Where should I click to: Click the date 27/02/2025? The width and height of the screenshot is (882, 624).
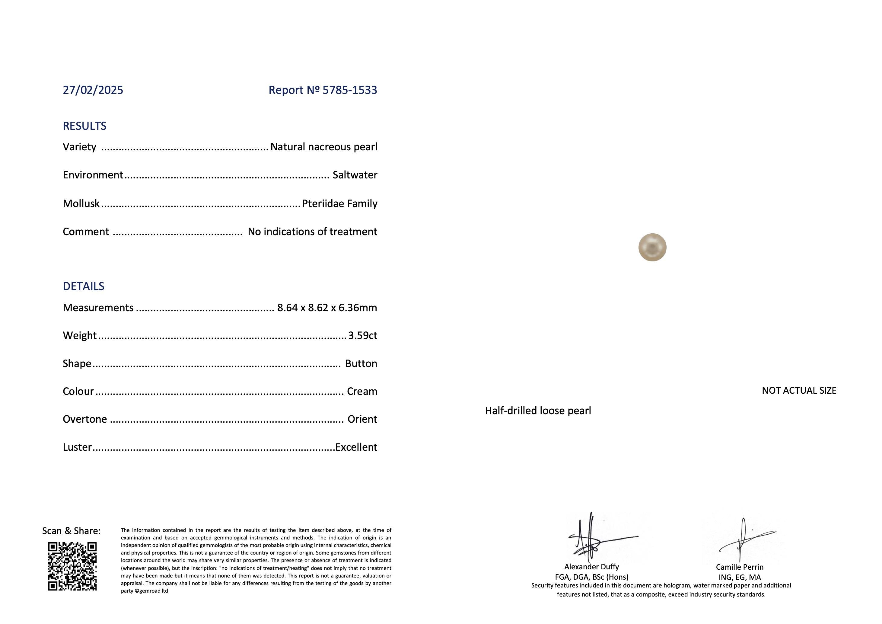93,90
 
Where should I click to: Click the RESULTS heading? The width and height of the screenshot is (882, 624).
84,126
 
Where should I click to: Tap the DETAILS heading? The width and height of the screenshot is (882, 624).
83,286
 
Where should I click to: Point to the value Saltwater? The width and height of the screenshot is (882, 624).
355,175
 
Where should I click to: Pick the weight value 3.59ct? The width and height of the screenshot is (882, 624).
363,335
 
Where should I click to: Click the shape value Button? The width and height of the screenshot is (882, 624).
361,363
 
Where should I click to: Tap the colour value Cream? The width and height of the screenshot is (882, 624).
362,391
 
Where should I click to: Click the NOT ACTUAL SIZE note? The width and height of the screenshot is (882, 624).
799,390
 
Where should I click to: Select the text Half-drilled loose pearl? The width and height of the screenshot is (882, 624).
538,411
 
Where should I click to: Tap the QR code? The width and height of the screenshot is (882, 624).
72,566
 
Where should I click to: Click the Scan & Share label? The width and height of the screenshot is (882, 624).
72,531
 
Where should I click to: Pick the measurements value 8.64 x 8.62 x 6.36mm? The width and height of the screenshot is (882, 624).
327,307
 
